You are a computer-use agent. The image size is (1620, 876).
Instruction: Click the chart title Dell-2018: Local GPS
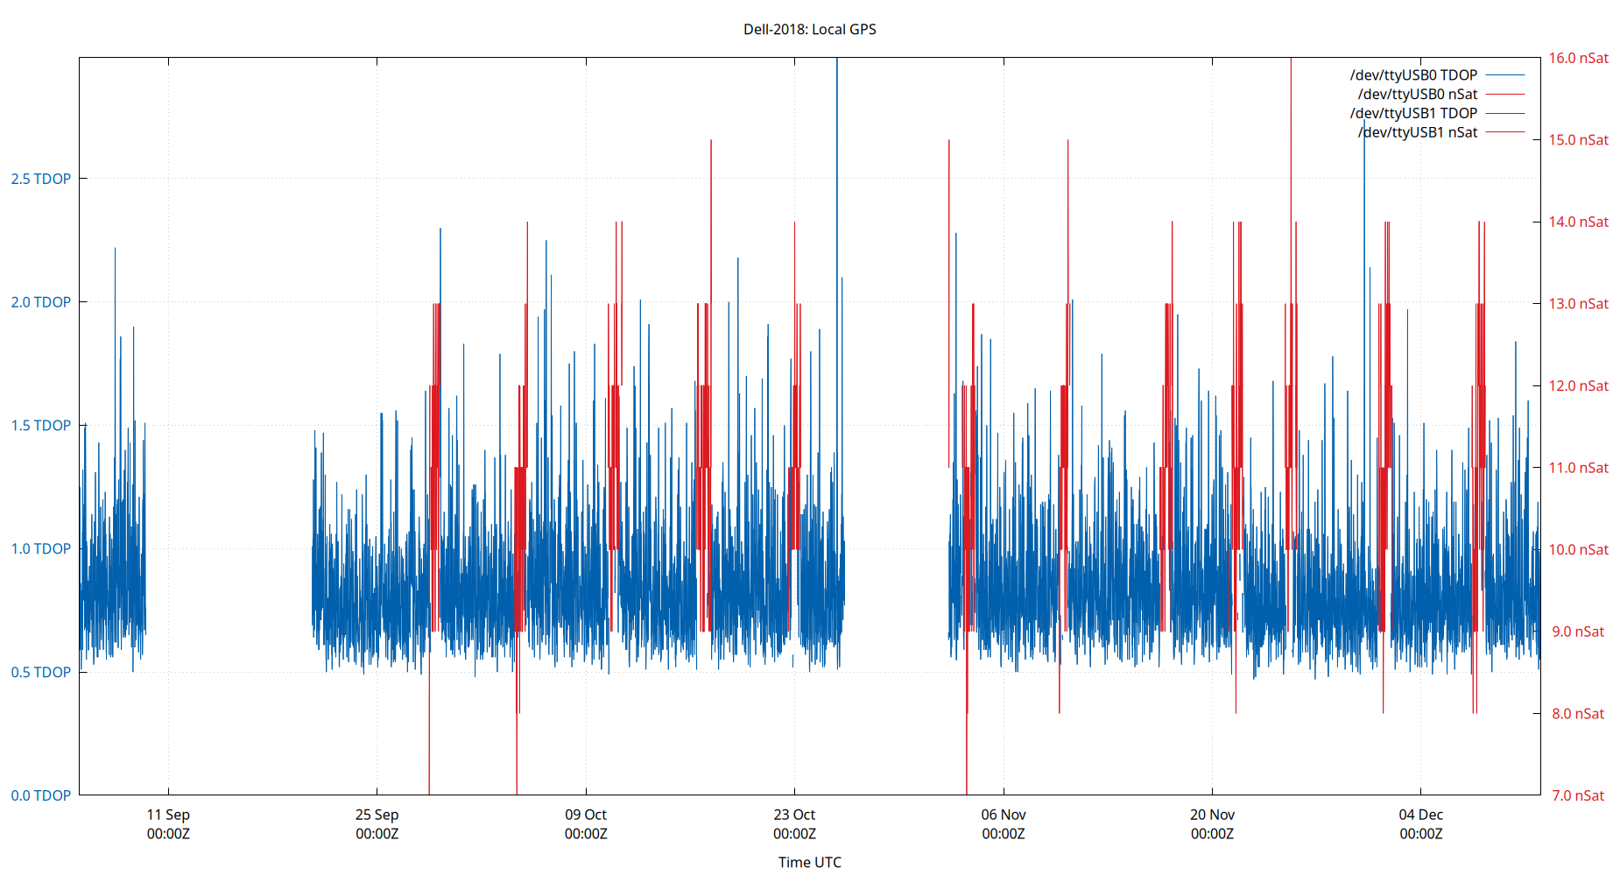(809, 29)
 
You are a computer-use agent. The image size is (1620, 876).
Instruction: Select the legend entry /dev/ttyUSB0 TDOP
(1413, 75)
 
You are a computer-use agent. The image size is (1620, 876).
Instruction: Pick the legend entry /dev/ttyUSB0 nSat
(1417, 95)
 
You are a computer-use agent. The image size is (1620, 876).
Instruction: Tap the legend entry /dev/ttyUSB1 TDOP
(1413, 114)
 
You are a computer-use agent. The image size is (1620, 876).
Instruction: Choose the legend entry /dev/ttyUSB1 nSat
(1417, 133)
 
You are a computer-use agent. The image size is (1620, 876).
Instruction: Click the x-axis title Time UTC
(809, 862)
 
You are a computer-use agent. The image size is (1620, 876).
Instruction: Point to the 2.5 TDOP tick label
(40, 179)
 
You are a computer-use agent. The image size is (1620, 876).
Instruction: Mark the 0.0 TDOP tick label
(40, 795)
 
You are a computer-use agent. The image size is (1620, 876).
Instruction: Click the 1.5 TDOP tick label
(40, 426)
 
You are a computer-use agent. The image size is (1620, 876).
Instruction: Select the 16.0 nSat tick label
(1578, 58)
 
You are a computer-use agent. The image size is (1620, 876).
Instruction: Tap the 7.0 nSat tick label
(1578, 795)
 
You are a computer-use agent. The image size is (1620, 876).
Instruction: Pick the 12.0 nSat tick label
(1578, 385)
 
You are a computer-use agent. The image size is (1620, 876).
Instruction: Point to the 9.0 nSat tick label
(1578, 632)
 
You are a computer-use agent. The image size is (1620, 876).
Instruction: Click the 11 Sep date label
(168, 815)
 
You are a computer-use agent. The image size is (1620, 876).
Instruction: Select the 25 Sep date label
(377, 815)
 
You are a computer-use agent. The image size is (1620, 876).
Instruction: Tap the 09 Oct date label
(586, 815)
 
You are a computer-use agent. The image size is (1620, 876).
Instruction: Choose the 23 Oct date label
(794, 815)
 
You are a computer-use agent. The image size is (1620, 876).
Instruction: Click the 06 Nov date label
(1004, 815)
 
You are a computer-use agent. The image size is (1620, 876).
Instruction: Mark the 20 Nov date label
(1212, 815)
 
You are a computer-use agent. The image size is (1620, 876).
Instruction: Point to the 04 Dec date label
(1420, 815)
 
